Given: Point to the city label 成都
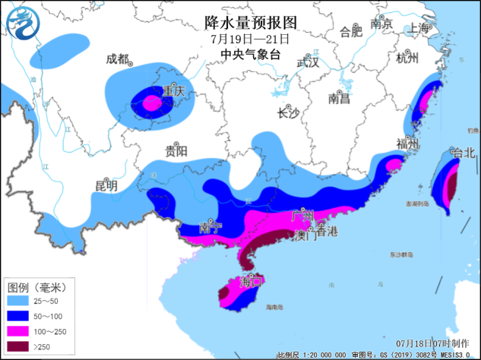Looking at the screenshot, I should click(118, 59).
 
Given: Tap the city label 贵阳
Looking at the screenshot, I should click(176, 150).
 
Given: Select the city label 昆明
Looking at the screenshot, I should click(106, 185).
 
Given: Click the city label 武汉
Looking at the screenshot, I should click(308, 62).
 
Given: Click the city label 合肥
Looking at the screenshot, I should click(351, 32).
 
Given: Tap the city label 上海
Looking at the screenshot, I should click(418, 28).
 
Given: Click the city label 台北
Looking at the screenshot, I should click(462, 153).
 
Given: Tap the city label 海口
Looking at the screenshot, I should click(251, 282).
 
